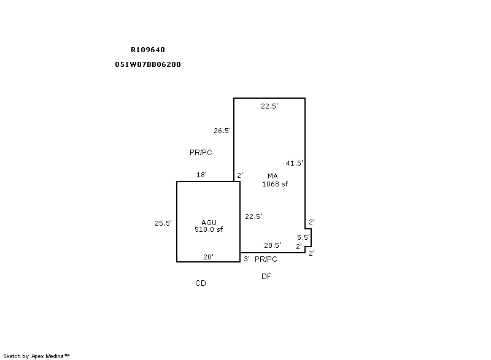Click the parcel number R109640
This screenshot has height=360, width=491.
148,50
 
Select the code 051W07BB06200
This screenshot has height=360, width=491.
148,64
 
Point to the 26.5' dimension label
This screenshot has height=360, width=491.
222,131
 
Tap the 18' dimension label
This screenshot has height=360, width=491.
201,175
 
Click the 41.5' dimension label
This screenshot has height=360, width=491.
294,163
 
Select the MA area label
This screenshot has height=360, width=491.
273,176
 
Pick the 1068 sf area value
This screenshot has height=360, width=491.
275,184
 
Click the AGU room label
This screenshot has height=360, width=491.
209,223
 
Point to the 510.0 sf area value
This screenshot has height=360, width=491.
209,229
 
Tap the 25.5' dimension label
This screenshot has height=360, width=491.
163,223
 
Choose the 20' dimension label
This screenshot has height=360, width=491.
208,257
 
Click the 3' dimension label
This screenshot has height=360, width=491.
247,259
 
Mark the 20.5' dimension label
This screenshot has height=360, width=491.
273,245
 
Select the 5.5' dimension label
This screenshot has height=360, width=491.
303,237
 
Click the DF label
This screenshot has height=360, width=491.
266,276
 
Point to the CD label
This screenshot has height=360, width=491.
201,283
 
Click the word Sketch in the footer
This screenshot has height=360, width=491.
12,356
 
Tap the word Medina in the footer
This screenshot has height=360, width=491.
55,356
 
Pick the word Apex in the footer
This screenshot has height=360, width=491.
37,356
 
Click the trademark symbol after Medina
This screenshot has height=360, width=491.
67,355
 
